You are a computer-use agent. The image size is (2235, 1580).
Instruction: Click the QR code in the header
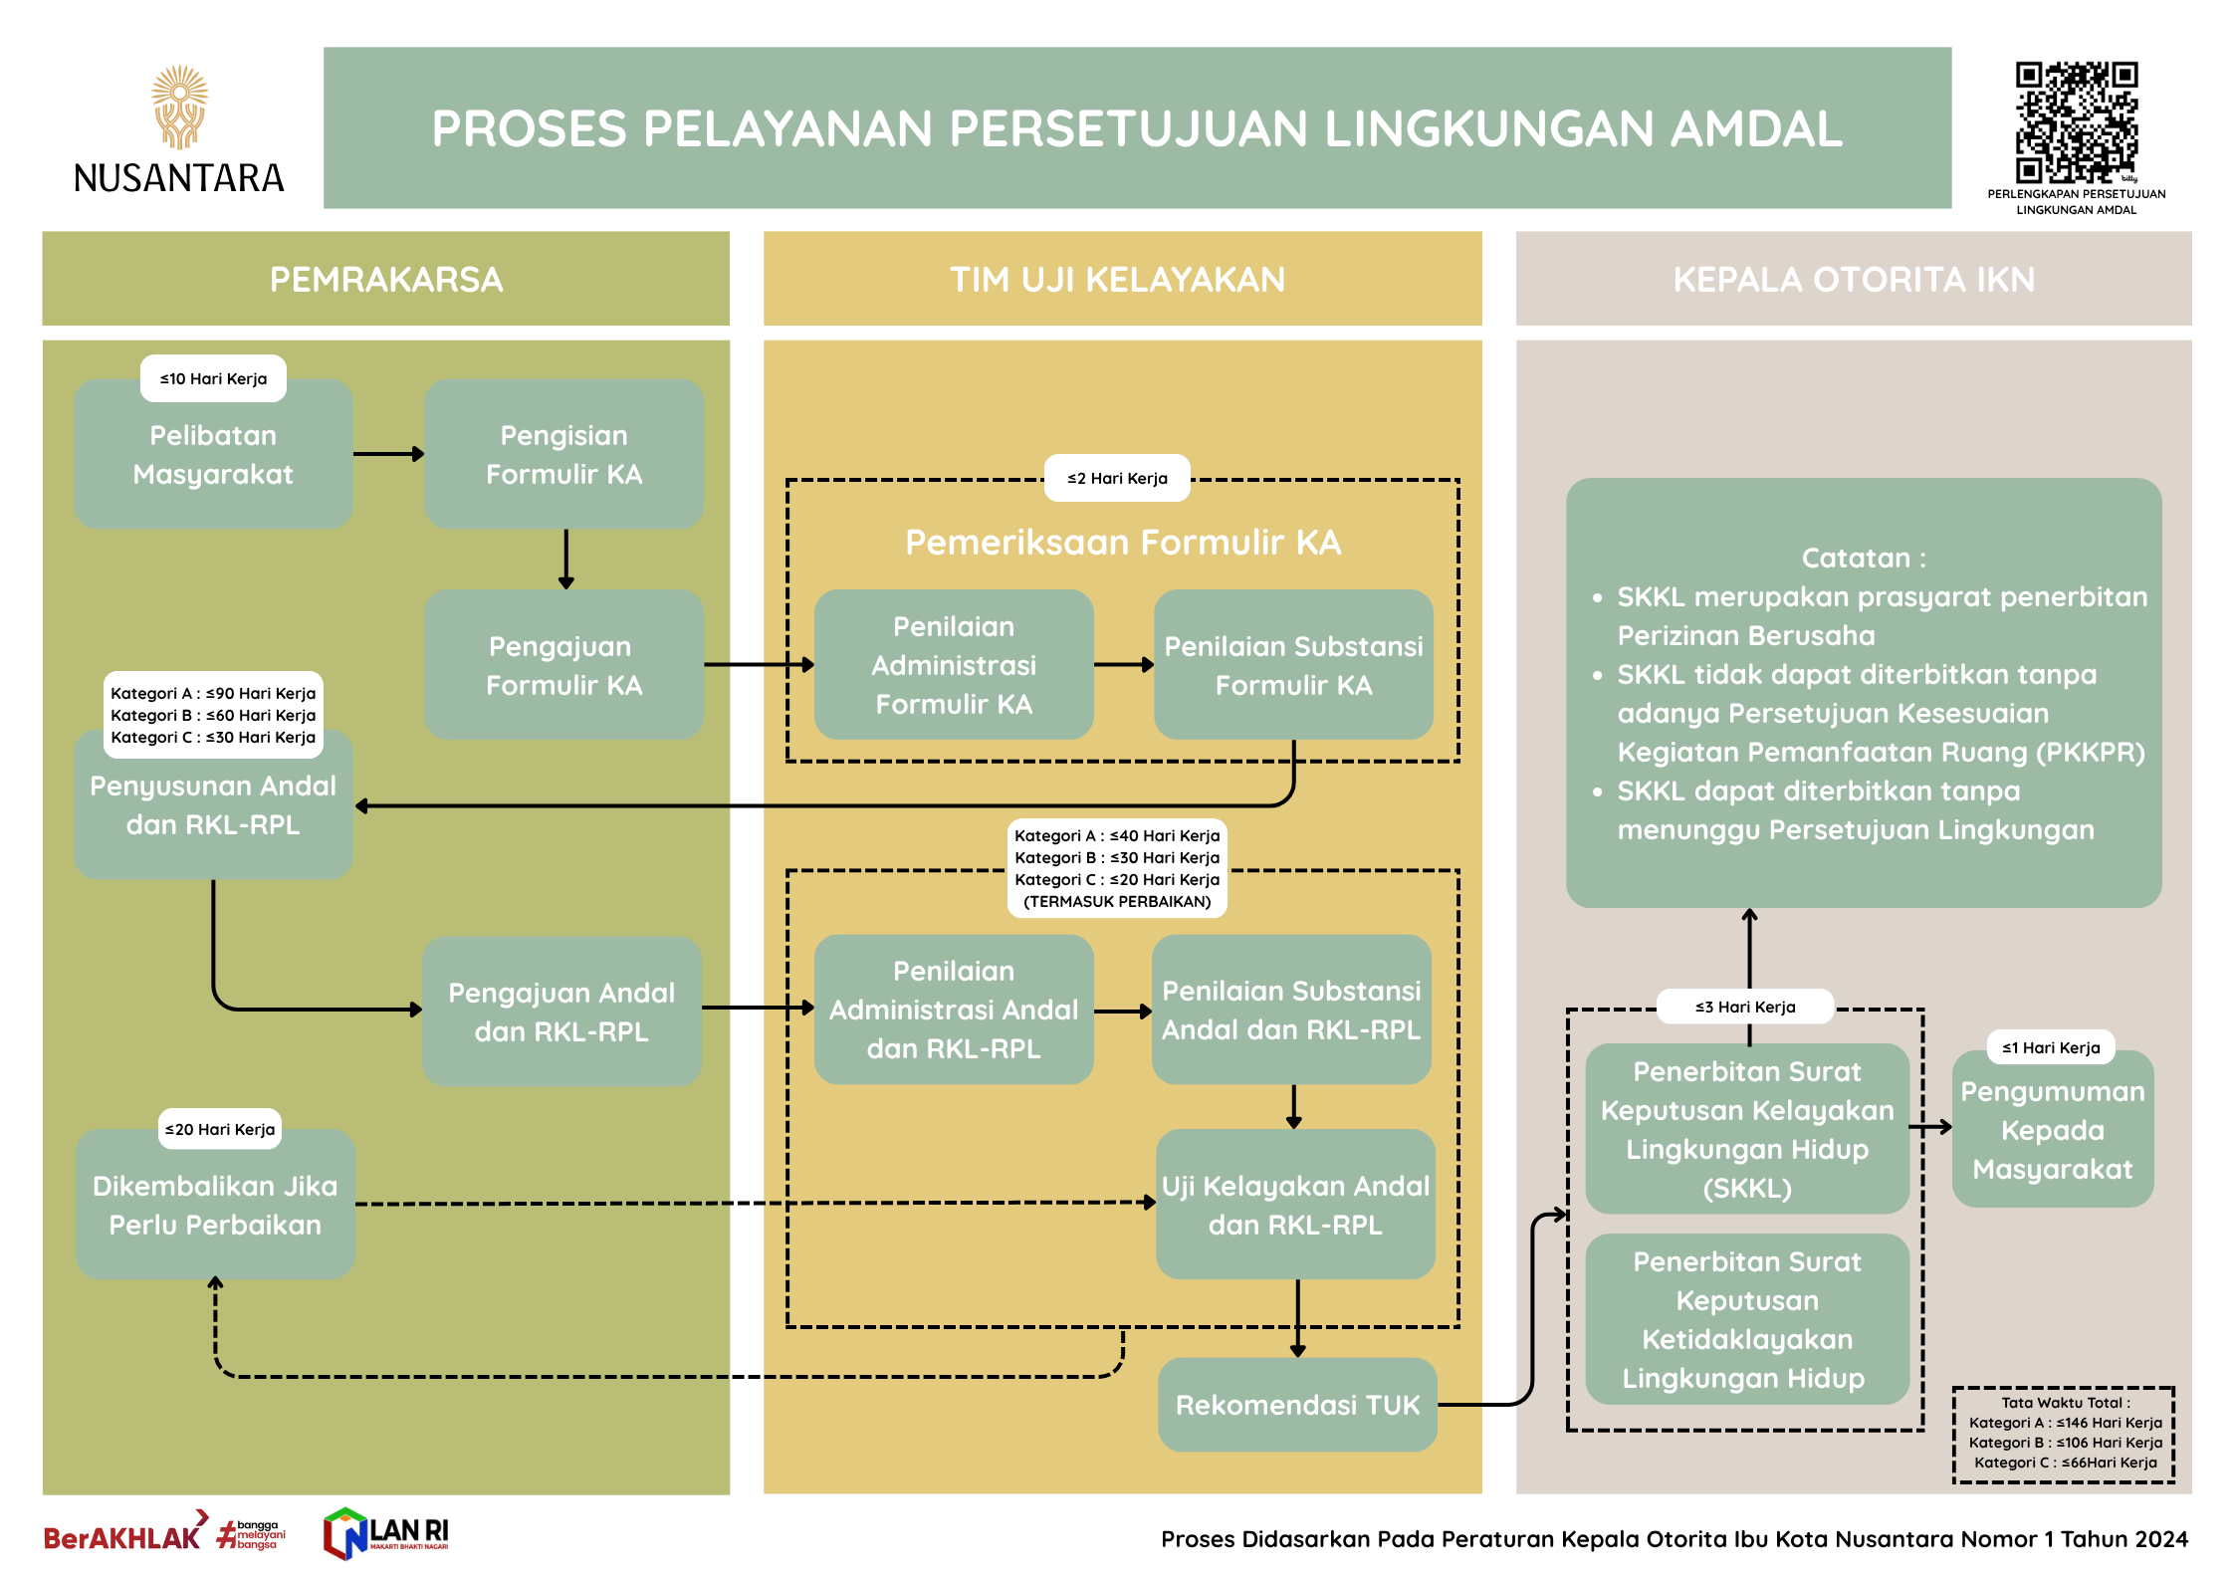click(2076, 122)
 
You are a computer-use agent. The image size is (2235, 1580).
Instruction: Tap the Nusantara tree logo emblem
click(180, 107)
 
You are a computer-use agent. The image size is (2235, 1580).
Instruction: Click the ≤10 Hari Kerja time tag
click(213, 379)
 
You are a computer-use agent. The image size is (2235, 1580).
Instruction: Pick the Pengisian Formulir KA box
click(563, 454)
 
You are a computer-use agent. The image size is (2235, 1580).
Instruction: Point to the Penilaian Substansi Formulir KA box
click(1293, 665)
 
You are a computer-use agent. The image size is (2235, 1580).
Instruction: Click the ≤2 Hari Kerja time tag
click(1117, 479)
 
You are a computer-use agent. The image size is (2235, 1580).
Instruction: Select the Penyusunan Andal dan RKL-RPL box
click(213, 806)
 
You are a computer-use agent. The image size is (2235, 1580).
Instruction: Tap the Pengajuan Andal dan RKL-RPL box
click(561, 1012)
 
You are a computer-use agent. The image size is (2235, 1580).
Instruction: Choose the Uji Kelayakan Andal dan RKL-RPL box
click(1295, 1205)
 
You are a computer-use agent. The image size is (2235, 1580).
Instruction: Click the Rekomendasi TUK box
click(1297, 1405)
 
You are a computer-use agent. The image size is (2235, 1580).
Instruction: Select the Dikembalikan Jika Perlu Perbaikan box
click(215, 1205)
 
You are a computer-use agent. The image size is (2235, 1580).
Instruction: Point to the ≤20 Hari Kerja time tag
click(220, 1130)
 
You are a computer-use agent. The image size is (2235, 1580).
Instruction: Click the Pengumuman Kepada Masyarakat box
click(2053, 1131)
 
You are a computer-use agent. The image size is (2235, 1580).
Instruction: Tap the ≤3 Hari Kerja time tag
click(1745, 1008)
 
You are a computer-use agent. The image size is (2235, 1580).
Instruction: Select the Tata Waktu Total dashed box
click(2064, 1434)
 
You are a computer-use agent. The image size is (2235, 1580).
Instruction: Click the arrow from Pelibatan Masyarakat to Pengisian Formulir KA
click(388, 454)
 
